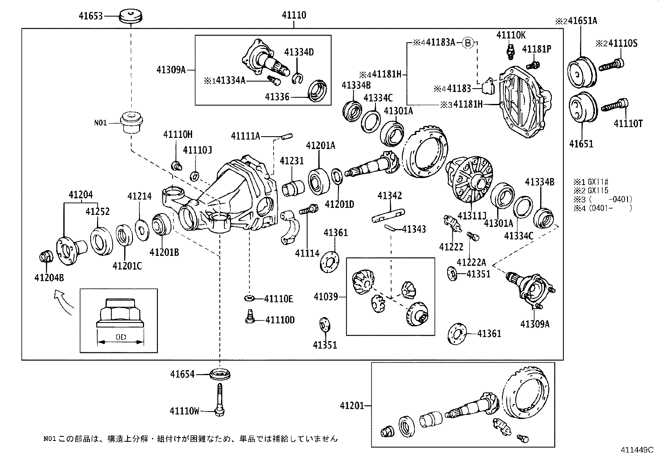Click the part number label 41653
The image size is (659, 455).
point(91,16)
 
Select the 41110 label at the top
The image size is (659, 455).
point(294,15)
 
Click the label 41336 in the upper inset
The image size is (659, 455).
point(277,96)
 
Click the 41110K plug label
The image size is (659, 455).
point(511,35)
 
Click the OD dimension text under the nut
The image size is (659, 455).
point(120,337)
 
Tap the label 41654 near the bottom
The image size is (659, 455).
point(182,374)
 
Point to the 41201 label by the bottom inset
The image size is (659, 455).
point(352,406)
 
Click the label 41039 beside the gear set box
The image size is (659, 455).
point(326,297)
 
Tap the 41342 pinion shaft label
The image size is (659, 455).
point(390,195)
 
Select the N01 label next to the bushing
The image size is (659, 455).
point(100,123)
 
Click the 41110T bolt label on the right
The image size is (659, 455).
point(628,123)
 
